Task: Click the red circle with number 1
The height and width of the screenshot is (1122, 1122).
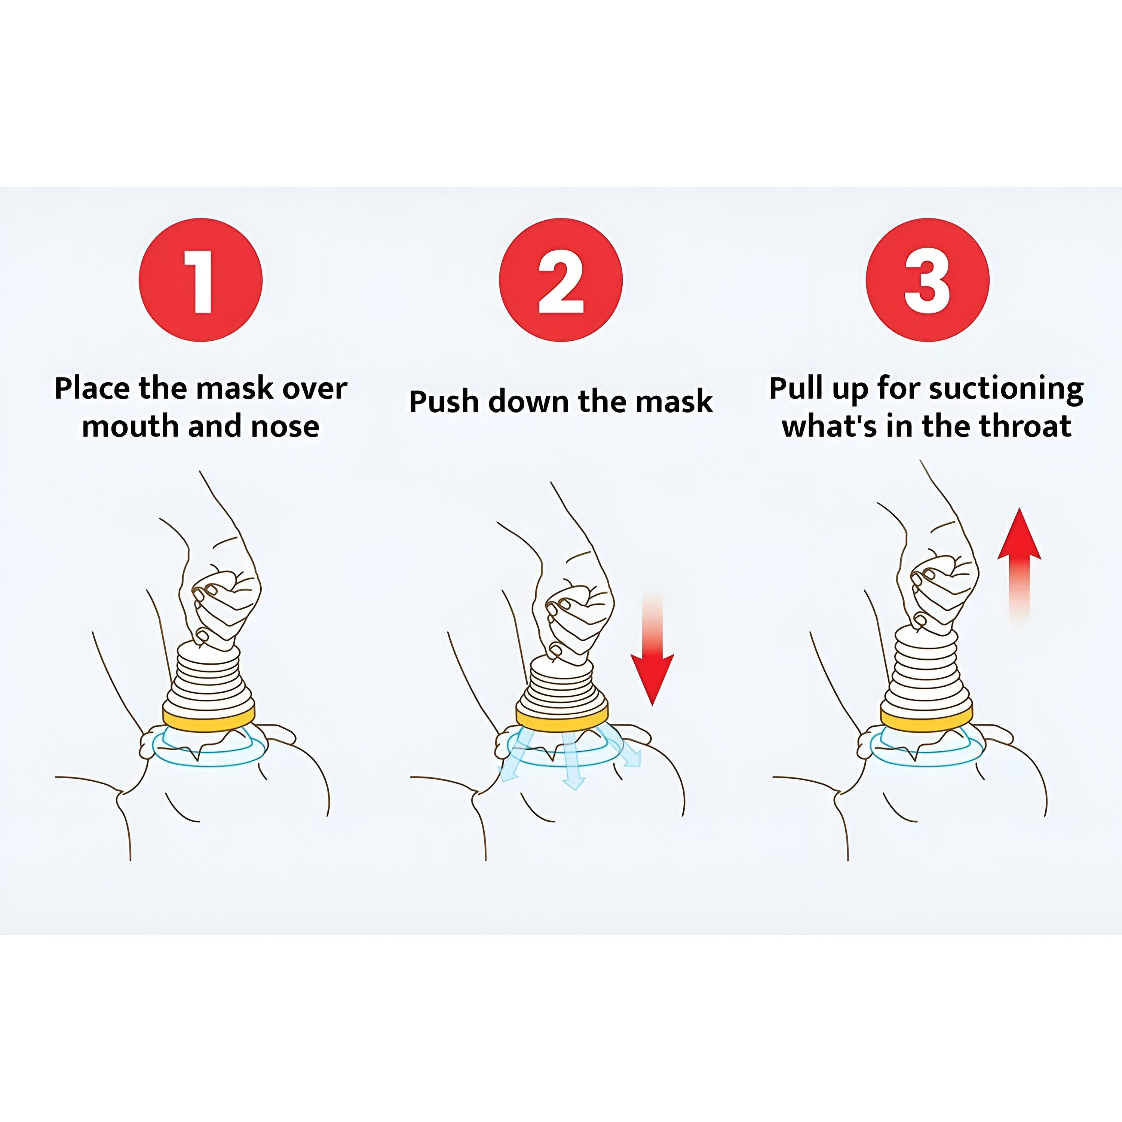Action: coord(200,280)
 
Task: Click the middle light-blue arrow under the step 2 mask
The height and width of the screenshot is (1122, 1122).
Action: coord(572,767)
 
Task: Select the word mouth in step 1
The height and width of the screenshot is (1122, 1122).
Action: coord(129,427)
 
